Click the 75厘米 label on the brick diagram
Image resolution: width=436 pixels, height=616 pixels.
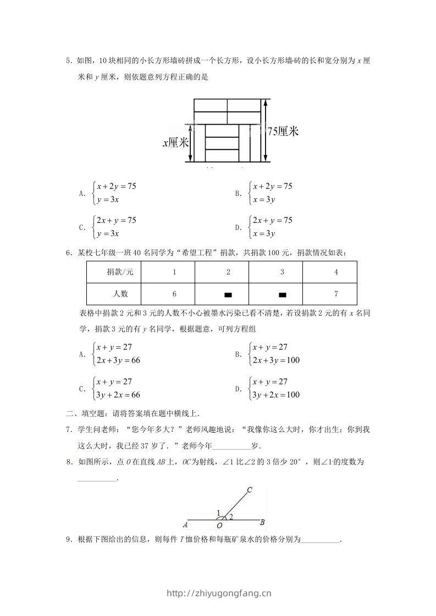click(x=283, y=131)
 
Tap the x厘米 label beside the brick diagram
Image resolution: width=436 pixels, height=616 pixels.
click(x=176, y=143)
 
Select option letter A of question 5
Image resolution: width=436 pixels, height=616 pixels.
click(x=82, y=193)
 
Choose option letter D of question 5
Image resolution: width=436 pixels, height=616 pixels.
click(x=238, y=227)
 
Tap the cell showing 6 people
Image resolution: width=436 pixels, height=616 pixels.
click(x=174, y=294)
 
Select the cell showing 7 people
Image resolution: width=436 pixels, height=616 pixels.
click(x=336, y=294)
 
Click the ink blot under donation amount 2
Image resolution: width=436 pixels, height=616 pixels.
click(x=228, y=295)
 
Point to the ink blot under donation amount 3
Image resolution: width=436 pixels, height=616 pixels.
click(x=283, y=295)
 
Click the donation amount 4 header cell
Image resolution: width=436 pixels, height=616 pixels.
click(x=336, y=272)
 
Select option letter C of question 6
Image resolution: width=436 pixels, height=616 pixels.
click(x=82, y=389)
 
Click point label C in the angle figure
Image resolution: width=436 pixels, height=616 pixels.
click(x=249, y=490)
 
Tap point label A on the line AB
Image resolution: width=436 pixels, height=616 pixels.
click(x=185, y=524)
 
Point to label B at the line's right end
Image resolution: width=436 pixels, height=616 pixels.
click(x=263, y=522)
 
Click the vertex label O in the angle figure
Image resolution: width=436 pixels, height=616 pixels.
click(x=220, y=525)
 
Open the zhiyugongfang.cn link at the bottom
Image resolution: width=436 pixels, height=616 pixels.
click(x=218, y=593)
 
